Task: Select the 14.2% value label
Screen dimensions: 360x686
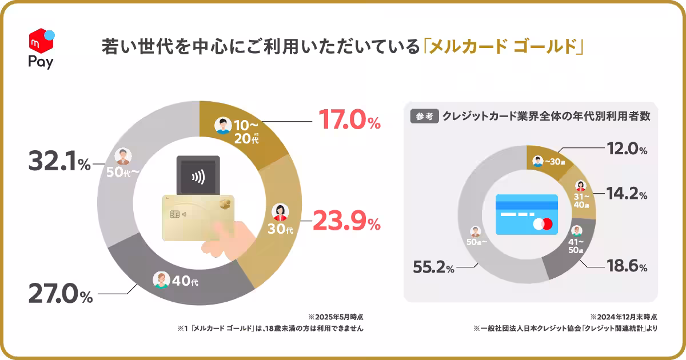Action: click(627, 195)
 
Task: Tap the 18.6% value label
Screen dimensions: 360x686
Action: click(627, 267)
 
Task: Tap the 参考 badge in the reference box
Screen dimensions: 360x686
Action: click(424, 117)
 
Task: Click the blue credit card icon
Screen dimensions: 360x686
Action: click(527, 215)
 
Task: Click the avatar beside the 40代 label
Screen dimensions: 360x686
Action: click(162, 280)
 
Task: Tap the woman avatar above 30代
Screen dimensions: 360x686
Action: click(281, 212)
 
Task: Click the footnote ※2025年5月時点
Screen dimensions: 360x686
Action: click(336, 317)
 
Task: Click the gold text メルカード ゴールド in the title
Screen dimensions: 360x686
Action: click(502, 46)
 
